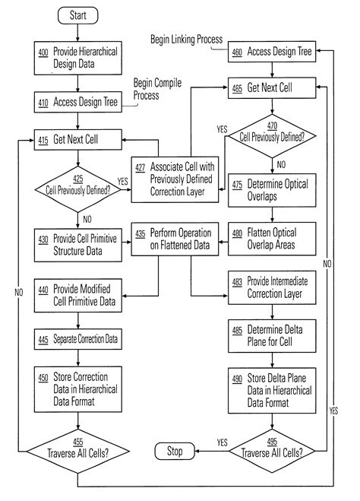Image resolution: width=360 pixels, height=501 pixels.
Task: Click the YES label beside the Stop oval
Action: (x=223, y=442)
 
